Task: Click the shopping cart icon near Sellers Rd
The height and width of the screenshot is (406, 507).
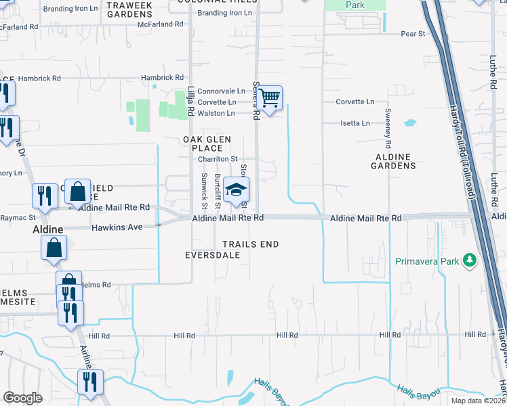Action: (x=270, y=99)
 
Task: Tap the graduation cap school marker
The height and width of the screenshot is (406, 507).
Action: (x=237, y=190)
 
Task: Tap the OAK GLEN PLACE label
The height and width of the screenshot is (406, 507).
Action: (x=207, y=143)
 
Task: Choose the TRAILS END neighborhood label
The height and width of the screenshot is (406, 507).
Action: (x=251, y=244)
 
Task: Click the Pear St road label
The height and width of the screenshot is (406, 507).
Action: (x=412, y=32)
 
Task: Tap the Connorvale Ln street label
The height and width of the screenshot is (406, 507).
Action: (x=221, y=91)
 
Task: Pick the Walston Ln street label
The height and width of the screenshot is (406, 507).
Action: (x=216, y=112)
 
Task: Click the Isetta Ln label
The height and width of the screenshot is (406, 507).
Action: (x=355, y=123)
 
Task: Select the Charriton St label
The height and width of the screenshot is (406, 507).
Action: (x=217, y=159)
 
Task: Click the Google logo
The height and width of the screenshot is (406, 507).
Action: (x=23, y=398)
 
